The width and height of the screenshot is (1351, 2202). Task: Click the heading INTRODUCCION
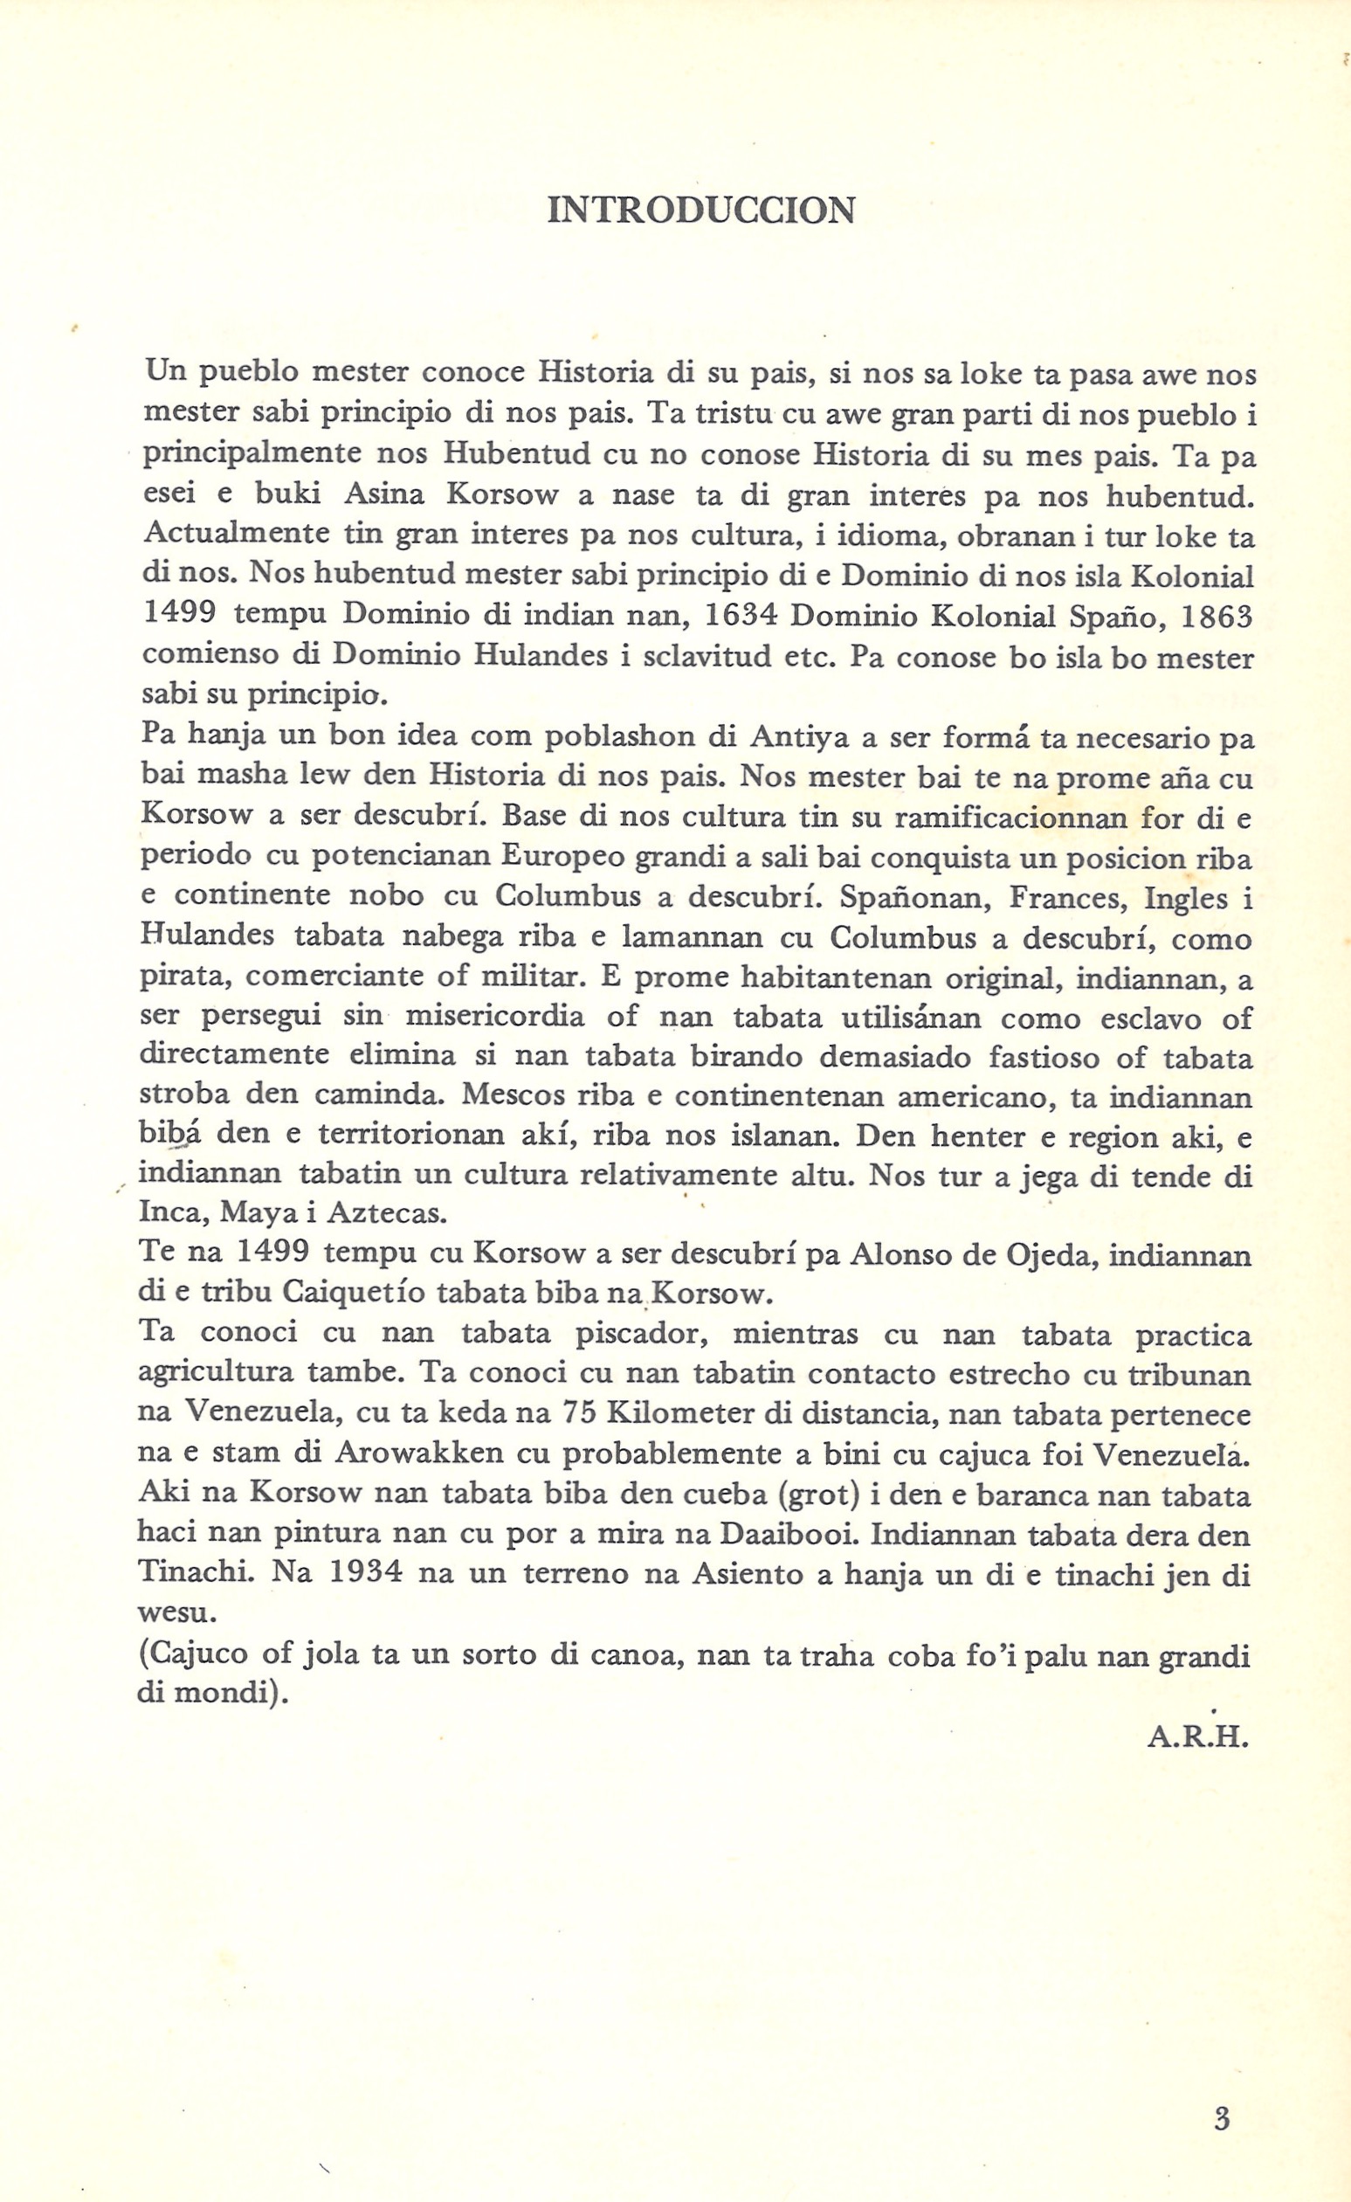(x=700, y=211)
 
